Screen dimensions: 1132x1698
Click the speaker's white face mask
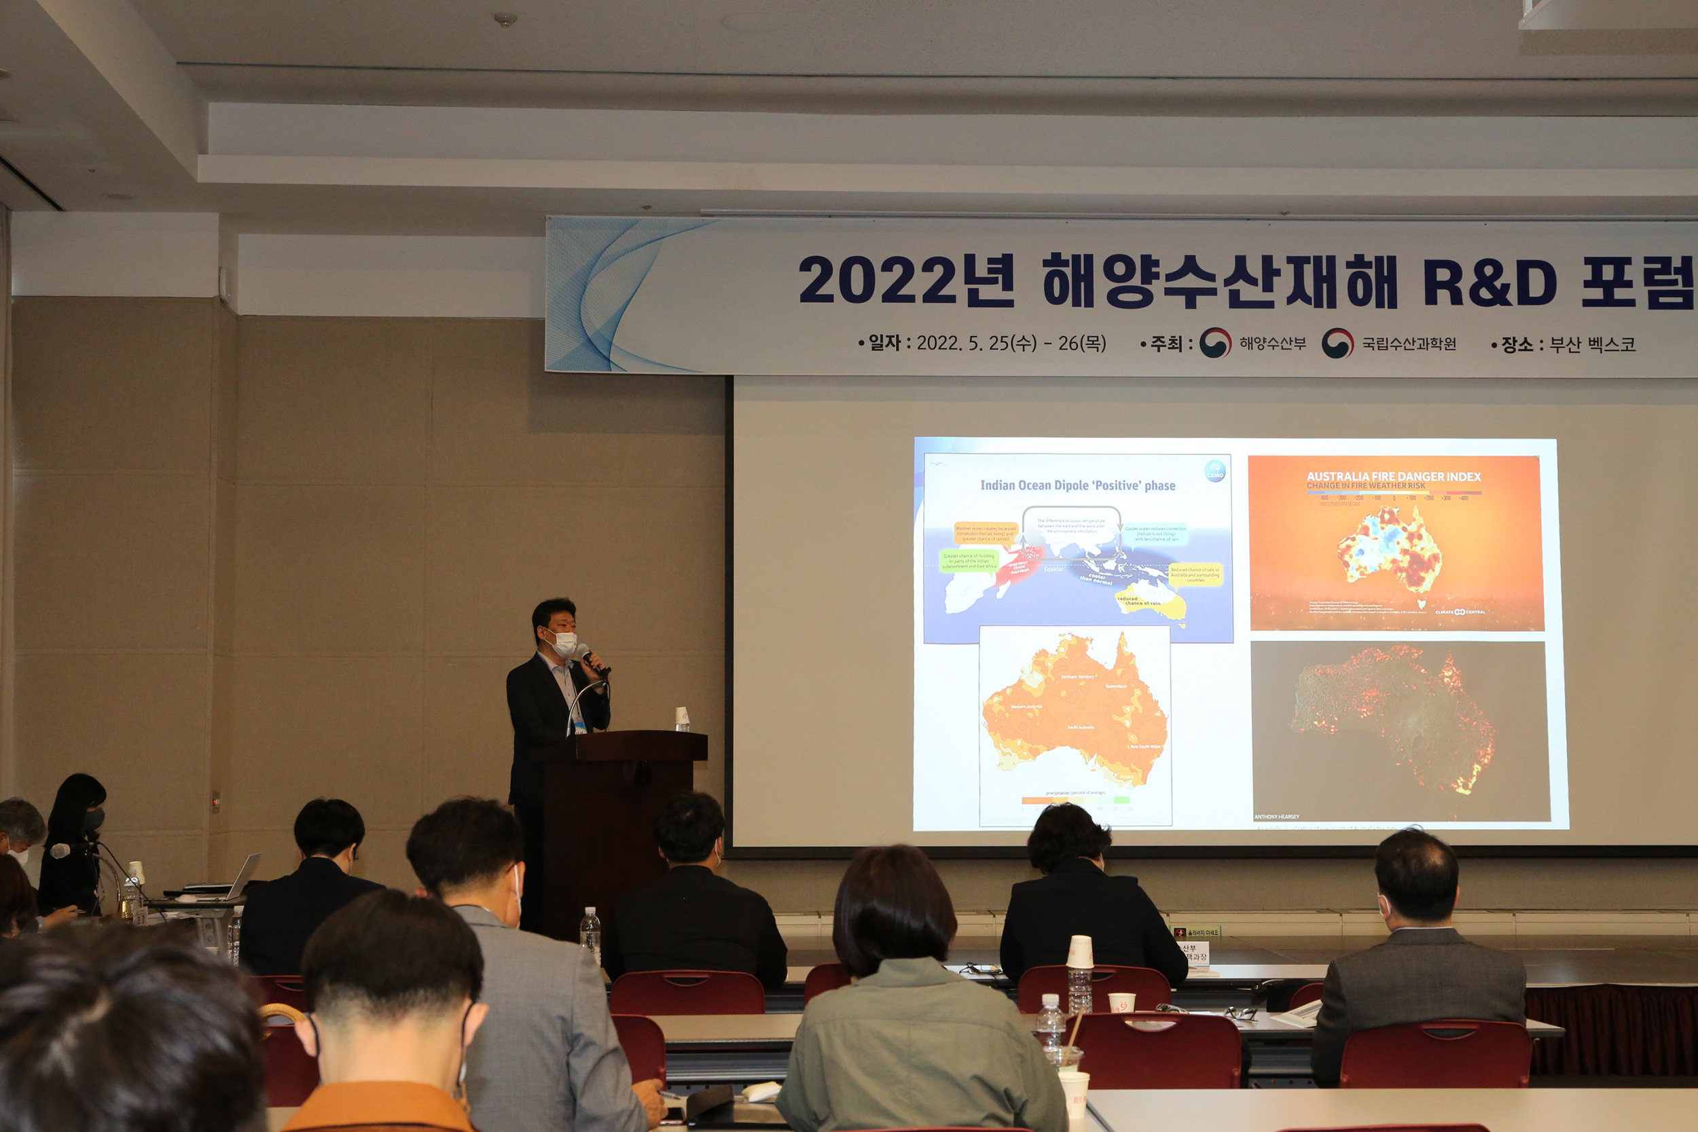point(564,643)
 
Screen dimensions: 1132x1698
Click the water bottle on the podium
point(681,720)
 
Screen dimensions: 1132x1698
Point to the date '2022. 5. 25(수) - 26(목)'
point(1011,343)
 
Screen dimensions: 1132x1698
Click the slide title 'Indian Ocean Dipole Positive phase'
point(1077,485)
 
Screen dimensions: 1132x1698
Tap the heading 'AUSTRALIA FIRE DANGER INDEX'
point(1393,477)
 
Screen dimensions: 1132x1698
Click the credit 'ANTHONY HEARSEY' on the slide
point(1276,816)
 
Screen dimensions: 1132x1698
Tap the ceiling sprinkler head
point(505,20)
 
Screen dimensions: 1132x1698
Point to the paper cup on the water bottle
point(1079,951)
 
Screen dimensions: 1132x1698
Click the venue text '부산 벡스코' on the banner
point(1592,345)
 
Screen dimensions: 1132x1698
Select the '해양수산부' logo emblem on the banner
point(1215,343)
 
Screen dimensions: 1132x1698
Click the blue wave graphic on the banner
point(621,296)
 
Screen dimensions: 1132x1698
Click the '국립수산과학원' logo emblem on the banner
point(1338,344)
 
